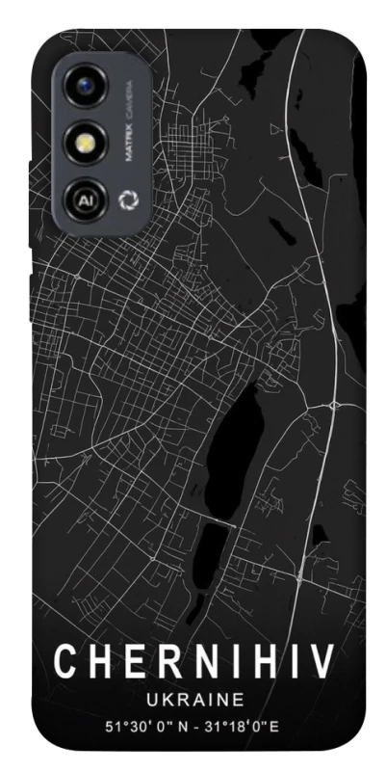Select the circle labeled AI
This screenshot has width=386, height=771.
(x=85, y=200)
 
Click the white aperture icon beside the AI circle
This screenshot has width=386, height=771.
(x=126, y=201)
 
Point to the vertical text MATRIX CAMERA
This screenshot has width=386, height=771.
(x=128, y=124)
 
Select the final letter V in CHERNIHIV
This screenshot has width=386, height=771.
(x=321, y=661)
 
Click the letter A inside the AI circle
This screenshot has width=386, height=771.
(x=82, y=201)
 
